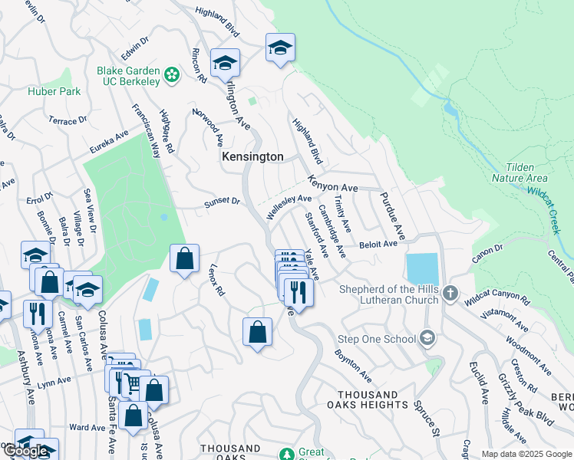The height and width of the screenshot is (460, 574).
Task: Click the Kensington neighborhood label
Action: [252, 156]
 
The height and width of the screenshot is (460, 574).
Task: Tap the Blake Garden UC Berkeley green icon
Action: [172, 75]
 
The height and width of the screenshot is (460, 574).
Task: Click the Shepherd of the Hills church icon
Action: [451, 293]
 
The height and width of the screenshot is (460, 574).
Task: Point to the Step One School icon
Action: [427, 338]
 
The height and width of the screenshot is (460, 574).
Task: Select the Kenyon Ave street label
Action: [333, 184]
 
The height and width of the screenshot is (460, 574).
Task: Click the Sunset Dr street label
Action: [222, 203]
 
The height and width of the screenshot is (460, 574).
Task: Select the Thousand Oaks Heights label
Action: [363, 404]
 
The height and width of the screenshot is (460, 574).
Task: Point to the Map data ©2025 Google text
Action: [526, 454]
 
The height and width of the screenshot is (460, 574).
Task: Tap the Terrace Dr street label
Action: [68, 121]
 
